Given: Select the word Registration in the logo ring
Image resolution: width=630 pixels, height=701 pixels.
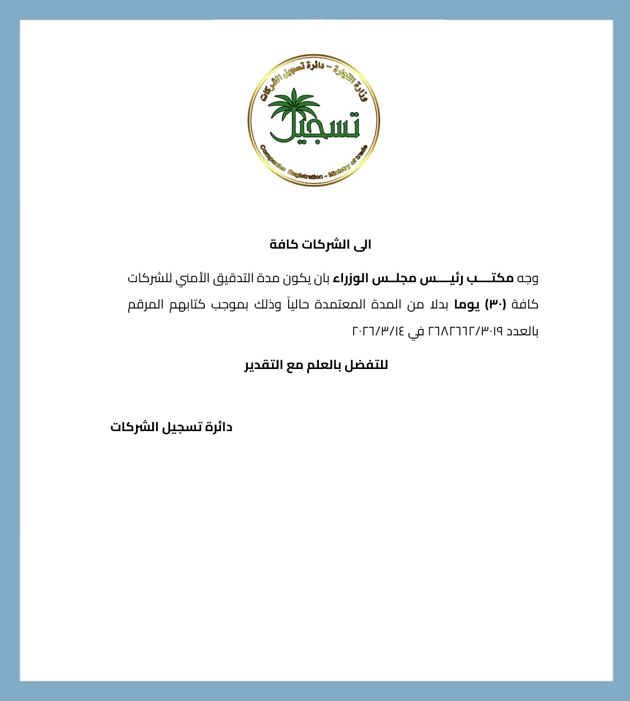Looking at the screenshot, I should pos(305,174).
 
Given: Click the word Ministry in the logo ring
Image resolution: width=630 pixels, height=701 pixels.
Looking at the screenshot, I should pos(340,169).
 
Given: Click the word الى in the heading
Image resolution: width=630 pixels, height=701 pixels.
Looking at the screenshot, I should pos(364,245).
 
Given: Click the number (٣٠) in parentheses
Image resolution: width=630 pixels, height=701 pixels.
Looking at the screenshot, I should pos(495,305).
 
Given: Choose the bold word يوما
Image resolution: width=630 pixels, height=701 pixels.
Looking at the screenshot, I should pos(467,305).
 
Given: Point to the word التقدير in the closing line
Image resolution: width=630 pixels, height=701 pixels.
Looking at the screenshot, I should pos(264,366).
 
